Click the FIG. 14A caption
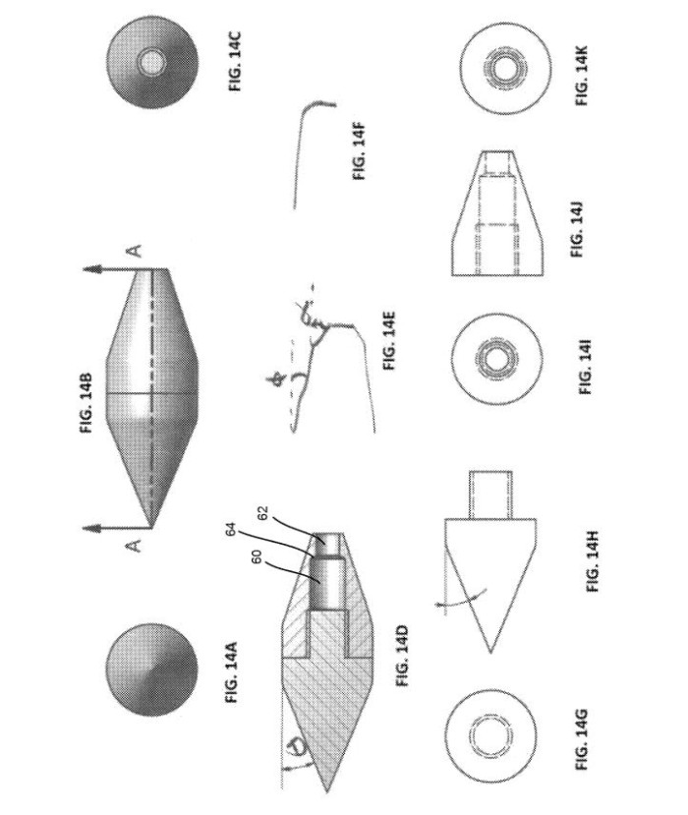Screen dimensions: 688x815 pyautogui.click(x=232, y=672)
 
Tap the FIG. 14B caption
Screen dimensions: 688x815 pyautogui.click(x=86, y=403)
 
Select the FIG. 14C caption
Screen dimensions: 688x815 pyautogui.click(x=235, y=61)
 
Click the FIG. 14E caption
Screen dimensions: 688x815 pyautogui.click(x=389, y=340)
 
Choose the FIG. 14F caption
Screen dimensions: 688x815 pyautogui.click(x=360, y=150)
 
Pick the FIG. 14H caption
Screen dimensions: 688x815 pyautogui.click(x=593, y=561)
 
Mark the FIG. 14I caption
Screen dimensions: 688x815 pyautogui.click(x=585, y=367)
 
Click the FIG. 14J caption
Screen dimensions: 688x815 pyautogui.click(x=577, y=229)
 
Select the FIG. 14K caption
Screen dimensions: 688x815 pyautogui.click(x=582, y=76)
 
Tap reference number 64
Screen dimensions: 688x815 pyautogui.click(x=232, y=530)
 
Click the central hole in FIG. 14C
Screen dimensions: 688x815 pyautogui.click(x=151, y=62)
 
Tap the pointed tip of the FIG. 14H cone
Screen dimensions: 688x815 pyautogui.click(x=490, y=652)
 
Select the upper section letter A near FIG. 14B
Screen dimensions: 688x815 pyautogui.click(x=135, y=251)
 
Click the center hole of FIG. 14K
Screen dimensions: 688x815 pyautogui.click(x=505, y=69)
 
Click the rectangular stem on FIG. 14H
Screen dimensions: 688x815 pyautogui.click(x=490, y=495)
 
